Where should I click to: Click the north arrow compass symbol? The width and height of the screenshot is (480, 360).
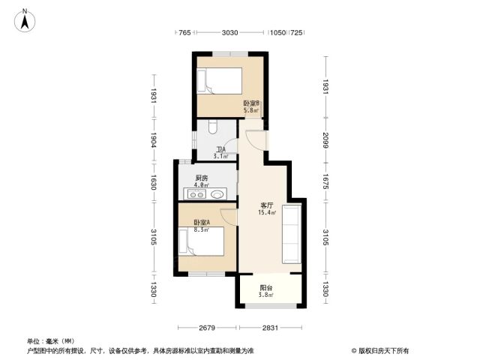point(25,20)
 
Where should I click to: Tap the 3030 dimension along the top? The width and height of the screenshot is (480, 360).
point(229,32)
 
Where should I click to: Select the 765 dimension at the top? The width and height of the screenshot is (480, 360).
point(184,32)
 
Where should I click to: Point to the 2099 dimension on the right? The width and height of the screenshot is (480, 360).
point(325,140)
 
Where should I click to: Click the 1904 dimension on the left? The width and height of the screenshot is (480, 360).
point(154,140)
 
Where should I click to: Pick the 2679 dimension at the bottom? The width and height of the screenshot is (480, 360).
point(207,328)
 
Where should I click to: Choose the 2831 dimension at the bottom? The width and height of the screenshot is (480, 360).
point(270,328)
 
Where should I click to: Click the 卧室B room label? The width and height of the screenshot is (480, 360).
point(251,103)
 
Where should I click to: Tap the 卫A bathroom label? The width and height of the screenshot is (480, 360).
point(220,150)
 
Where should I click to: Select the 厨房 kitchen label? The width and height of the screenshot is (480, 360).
point(202,178)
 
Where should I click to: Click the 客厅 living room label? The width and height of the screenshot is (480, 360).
point(267,205)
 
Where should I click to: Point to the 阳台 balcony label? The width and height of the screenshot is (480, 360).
point(265,288)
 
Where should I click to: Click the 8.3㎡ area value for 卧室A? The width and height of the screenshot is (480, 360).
point(202,229)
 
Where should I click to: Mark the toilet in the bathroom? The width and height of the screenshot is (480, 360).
point(213,126)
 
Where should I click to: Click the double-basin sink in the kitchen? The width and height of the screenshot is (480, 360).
point(196,194)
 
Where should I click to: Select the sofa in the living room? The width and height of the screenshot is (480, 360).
point(292,234)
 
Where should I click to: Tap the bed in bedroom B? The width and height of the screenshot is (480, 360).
point(220,81)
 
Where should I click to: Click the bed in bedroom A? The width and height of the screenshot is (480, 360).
point(201,241)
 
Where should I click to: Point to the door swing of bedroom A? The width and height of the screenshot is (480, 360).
point(228,217)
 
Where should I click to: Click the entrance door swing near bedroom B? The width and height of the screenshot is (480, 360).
point(256,140)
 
